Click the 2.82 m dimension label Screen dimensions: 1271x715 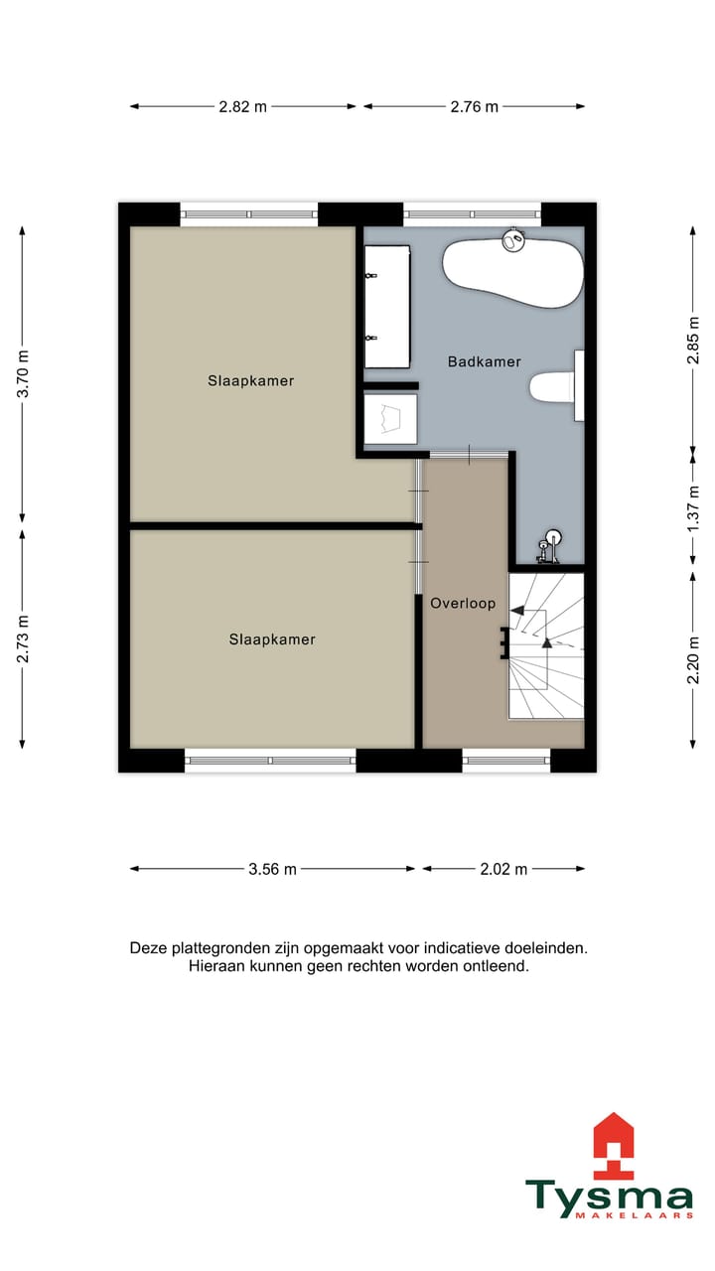(x=242, y=107)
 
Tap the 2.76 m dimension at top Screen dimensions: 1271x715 (x=474, y=107)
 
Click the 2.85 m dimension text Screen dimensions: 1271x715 (x=693, y=342)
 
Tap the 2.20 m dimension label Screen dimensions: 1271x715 (x=693, y=659)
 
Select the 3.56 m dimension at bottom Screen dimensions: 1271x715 (x=272, y=869)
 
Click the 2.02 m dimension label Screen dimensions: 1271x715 (x=502, y=869)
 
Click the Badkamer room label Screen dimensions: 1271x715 (x=484, y=362)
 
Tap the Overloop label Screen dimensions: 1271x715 (x=462, y=603)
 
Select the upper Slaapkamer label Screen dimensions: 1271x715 (x=250, y=380)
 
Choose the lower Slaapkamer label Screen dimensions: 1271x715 (x=271, y=639)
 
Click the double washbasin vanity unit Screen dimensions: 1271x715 (x=386, y=294)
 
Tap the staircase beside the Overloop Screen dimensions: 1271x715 (x=545, y=644)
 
